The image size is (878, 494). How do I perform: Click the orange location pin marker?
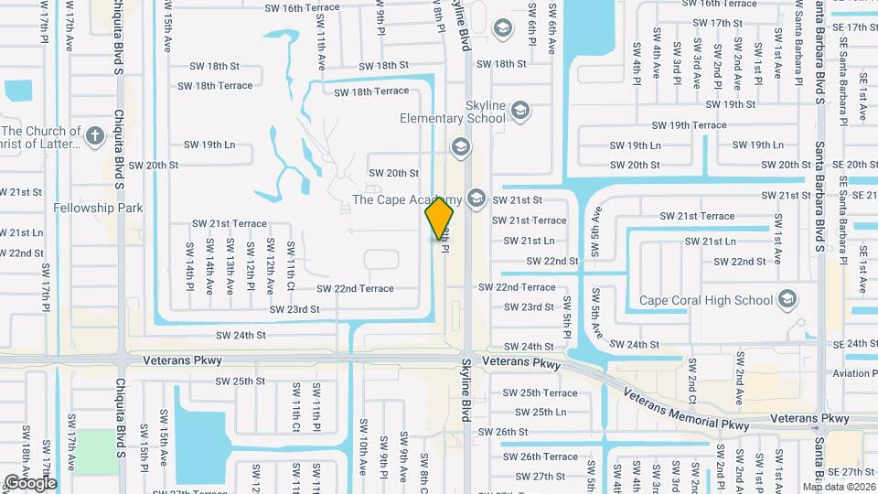(440, 218)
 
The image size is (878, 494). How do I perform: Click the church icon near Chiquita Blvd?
(94, 137)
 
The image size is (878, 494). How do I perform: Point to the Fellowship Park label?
(98, 208)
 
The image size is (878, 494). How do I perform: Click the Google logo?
(30, 482)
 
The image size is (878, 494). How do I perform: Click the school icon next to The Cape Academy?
(475, 199)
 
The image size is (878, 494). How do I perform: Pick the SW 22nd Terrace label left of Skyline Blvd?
(355, 288)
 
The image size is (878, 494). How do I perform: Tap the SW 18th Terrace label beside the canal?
(368, 91)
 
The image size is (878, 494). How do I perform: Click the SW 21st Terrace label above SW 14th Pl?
(230, 223)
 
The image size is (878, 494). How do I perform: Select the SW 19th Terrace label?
(689, 125)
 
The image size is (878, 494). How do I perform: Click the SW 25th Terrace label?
(541, 392)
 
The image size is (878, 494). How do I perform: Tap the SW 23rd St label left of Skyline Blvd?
(294, 309)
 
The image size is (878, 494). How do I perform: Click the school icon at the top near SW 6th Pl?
(502, 29)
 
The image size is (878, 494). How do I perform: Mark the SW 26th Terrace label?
(541, 456)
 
